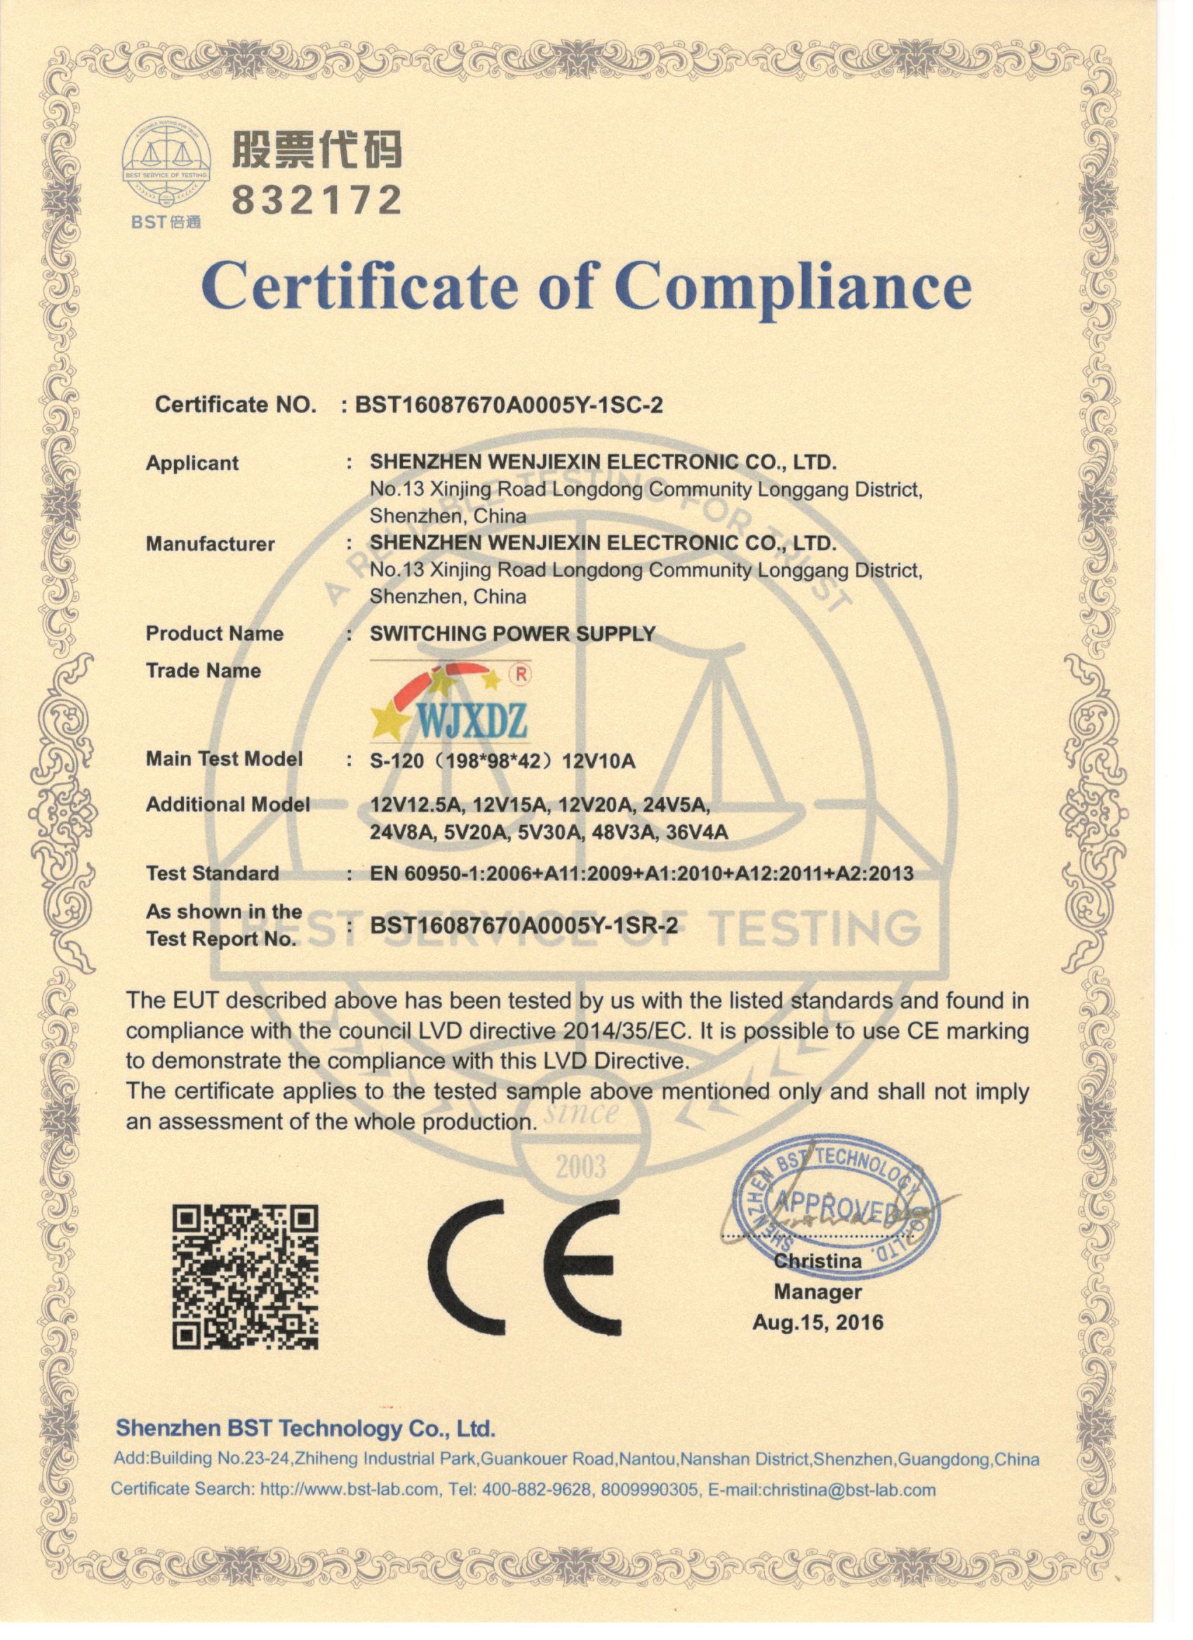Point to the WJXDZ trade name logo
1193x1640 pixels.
pyautogui.click(x=451, y=701)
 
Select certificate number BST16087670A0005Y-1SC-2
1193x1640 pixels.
pyautogui.click(x=509, y=405)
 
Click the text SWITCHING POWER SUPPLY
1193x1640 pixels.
pyautogui.click(x=512, y=633)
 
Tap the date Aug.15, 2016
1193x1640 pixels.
pyautogui.click(x=818, y=1322)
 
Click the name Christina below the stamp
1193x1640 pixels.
pyautogui.click(x=818, y=1261)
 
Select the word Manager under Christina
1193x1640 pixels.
pyautogui.click(x=818, y=1291)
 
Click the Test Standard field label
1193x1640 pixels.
pyautogui.click(x=212, y=873)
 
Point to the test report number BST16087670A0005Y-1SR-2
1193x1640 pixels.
pyautogui.click(x=524, y=926)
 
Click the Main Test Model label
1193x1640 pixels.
pyautogui.click(x=224, y=759)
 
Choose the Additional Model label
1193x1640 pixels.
pyautogui.click(x=227, y=804)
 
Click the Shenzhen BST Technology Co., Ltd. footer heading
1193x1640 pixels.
pyautogui.click(x=305, y=1428)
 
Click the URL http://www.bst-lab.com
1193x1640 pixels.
pyautogui.click(x=349, y=1490)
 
